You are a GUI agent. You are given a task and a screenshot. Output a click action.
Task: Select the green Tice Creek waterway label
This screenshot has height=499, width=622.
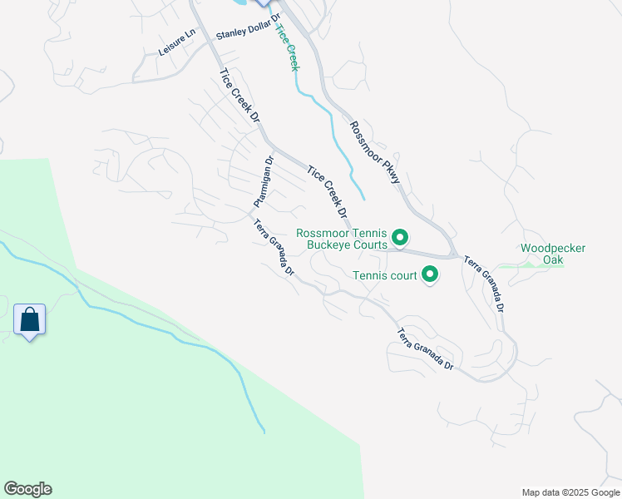[286, 47]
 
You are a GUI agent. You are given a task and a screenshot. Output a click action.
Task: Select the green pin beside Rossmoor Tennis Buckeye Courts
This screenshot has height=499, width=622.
[399, 240]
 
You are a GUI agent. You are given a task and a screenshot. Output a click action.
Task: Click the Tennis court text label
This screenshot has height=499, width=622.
[384, 275]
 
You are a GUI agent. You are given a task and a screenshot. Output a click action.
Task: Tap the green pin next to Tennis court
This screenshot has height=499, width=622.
[430, 274]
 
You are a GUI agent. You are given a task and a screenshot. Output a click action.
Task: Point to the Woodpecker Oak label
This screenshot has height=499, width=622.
[553, 254]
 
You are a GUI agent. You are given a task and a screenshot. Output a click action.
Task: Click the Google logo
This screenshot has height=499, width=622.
[27, 489]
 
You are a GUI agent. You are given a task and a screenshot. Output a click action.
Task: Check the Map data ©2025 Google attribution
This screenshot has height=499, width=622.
[570, 492]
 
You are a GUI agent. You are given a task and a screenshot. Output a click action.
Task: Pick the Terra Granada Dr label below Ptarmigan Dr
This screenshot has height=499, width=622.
[274, 246]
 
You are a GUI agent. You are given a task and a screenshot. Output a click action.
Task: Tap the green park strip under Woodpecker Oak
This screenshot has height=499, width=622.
[541, 265]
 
